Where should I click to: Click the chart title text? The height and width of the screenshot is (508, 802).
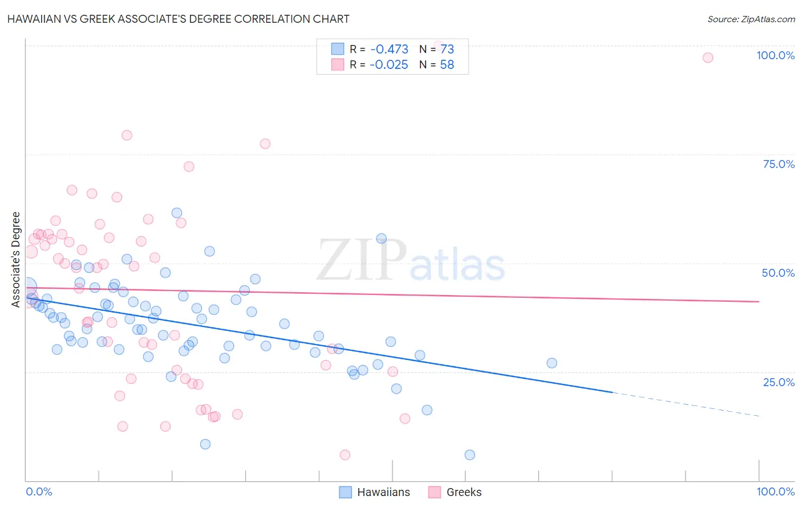click(178, 19)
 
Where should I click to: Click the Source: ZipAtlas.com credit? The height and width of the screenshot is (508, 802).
click(751, 19)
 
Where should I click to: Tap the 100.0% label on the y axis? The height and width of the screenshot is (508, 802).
click(775, 55)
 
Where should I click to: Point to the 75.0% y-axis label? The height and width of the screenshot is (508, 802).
click(779, 164)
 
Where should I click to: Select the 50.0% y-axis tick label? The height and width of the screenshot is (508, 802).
click(778, 273)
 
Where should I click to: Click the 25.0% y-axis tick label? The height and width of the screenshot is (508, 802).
click(779, 382)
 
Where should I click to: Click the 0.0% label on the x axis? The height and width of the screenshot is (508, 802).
click(39, 491)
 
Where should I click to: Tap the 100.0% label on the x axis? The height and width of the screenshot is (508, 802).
click(775, 491)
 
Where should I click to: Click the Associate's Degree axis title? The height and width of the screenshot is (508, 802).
click(16, 259)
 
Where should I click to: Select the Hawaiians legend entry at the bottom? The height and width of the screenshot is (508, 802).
click(375, 492)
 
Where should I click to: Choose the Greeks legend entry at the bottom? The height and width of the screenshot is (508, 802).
click(455, 492)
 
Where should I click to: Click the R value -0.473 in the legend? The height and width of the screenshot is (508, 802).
click(389, 49)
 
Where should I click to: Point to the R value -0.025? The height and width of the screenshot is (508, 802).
click(389, 64)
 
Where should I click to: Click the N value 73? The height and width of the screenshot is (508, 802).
click(447, 49)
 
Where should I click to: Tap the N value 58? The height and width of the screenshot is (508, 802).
click(447, 64)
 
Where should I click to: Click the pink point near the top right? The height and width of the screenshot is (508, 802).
click(708, 58)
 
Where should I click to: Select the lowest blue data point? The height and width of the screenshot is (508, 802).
click(469, 454)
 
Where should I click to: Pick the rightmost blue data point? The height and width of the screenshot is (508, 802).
click(552, 363)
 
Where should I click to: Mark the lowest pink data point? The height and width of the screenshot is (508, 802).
click(345, 454)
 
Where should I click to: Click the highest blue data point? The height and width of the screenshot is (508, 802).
click(177, 213)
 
